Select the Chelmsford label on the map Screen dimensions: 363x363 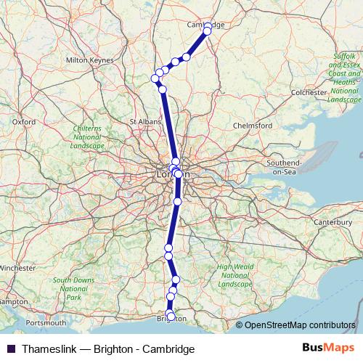252,125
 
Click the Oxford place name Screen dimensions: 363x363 24,122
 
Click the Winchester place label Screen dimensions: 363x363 16,268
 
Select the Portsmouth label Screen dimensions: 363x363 46,322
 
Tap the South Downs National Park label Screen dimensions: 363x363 73,288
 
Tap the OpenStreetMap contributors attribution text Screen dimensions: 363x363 299,325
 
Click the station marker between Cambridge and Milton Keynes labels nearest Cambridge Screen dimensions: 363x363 187,57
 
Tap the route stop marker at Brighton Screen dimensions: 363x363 171,316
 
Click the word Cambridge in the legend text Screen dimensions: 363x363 168,349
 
